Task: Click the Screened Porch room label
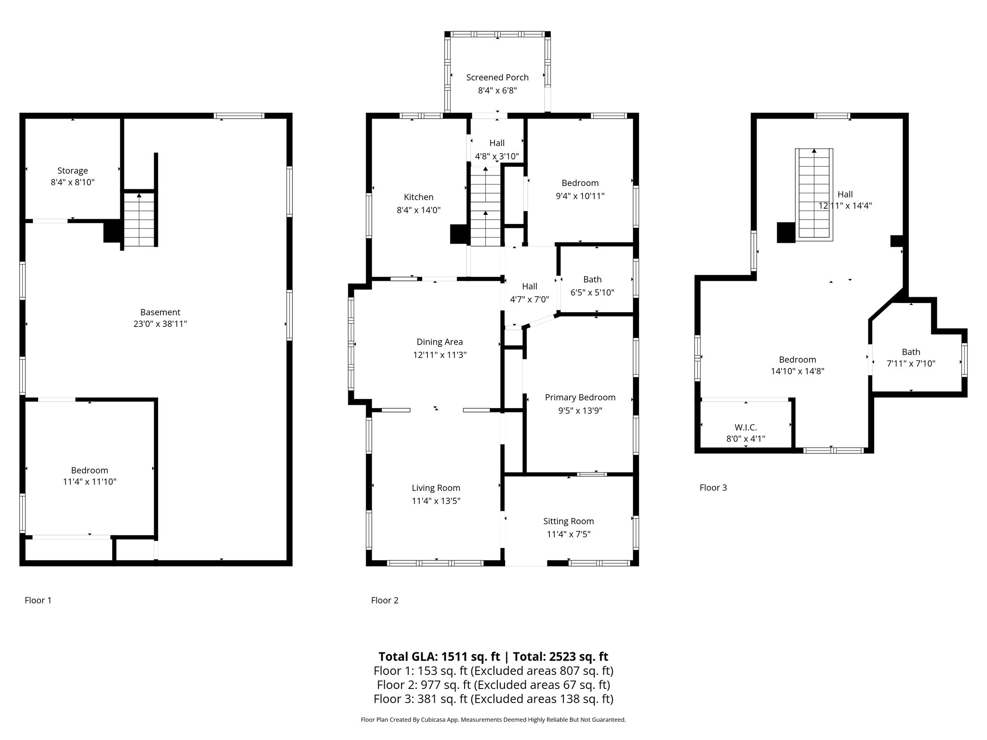pyautogui.click(x=497, y=78)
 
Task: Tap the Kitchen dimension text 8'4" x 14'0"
pyautogui.click(x=419, y=210)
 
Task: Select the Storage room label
pyautogui.click(x=73, y=171)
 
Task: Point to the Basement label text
pyautogui.click(x=160, y=312)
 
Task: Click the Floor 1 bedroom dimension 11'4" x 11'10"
pyautogui.click(x=90, y=481)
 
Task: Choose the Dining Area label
pyautogui.click(x=440, y=342)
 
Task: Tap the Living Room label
pyautogui.click(x=436, y=488)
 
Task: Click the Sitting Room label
pyautogui.click(x=569, y=521)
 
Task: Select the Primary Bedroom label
pyautogui.click(x=580, y=397)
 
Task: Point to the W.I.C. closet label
pyautogui.click(x=746, y=427)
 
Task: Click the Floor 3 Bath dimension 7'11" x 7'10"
pyautogui.click(x=911, y=364)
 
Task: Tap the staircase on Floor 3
pyautogui.click(x=814, y=194)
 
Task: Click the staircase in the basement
pyautogui.click(x=139, y=220)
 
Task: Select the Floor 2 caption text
pyautogui.click(x=385, y=600)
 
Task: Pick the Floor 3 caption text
pyautogui.click(x=713, y=488)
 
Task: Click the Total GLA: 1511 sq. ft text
pyautogui.click(x=440, y=657)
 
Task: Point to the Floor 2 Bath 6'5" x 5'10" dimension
pyautogui.click(x=593, y=292)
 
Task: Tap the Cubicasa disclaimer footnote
pyautogui.click(x=493, y=720)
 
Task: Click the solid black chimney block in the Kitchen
pyautogui.click(x=460, y=234)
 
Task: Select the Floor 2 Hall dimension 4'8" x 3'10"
pyautogui.click(x=497, y=156)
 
